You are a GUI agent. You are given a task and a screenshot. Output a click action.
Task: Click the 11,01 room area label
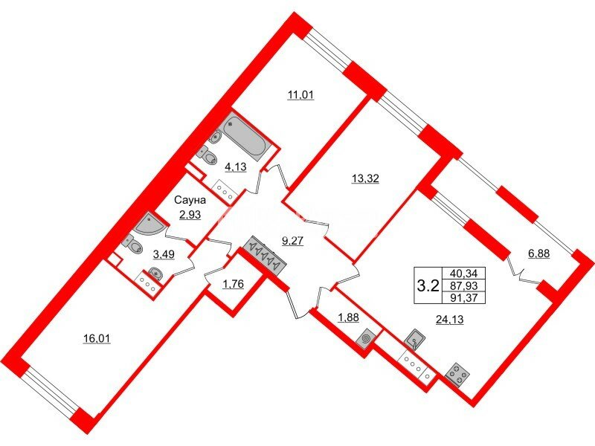coord(300,94)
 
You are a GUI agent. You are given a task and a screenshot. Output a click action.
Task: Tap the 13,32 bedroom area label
coord(365,178)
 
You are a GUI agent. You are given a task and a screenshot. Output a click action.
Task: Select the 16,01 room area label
coord(97,338)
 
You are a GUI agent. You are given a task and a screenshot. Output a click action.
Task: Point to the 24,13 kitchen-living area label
coord(450,320)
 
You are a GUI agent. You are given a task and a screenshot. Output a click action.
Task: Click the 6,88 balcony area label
coord(538,253)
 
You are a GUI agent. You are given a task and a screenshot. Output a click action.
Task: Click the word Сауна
coord(190,200)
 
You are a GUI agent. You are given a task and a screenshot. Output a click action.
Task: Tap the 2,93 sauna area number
coord(190,215)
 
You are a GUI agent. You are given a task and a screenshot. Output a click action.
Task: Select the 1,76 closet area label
coord(233,283)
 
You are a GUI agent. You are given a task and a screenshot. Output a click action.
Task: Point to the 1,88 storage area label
coord(348,317)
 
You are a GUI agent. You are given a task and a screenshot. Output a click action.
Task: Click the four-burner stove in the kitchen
coord(457,374)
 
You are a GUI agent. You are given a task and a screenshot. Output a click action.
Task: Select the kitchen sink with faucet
coord(415,339)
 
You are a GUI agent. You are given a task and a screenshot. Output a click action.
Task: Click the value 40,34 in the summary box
coord(464,273)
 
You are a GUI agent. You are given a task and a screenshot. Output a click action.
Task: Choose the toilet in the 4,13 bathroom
coord(208,156)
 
